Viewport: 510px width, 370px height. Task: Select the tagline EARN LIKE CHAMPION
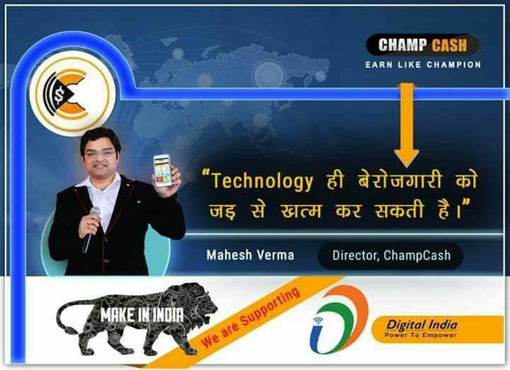tap(423, 64)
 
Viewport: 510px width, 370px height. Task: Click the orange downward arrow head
tap(407, 158)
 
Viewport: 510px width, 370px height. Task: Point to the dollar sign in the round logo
tap(59, 96)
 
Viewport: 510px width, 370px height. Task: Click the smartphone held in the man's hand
tap(162, 170)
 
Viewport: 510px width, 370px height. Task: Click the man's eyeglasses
tap(100, 154)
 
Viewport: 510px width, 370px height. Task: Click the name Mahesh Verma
tap(250, 255)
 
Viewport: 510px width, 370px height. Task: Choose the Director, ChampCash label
tap(391, 255)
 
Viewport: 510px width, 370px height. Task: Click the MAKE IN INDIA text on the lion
tap(142, 315)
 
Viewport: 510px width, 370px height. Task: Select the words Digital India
tap(422, 325)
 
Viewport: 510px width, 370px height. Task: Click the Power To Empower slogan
tap(420, 335)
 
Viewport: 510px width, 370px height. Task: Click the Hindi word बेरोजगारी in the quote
tap(400, 180)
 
